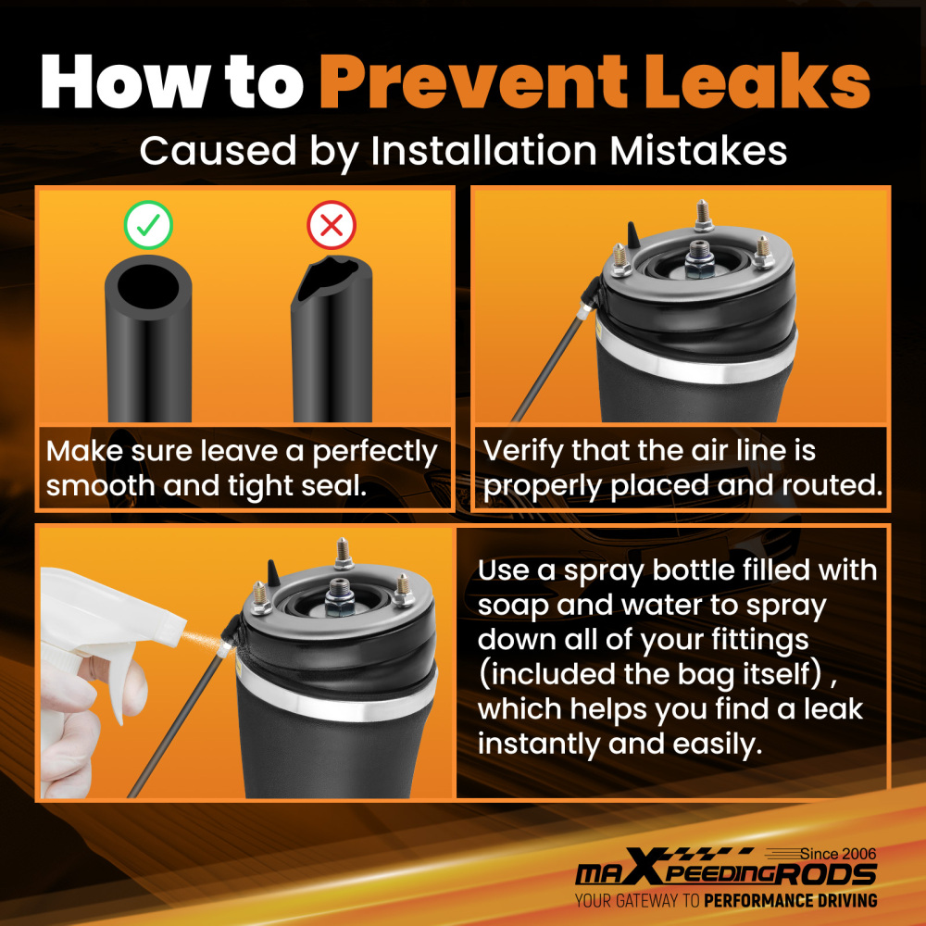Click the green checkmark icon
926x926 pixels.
tap(148, 224)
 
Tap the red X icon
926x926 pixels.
tap(332, 224)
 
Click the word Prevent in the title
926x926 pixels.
tap(473, 81)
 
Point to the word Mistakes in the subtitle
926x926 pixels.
tap(698, 151)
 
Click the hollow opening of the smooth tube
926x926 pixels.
tap(147, 286)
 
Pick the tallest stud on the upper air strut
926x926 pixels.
tap(702, 215)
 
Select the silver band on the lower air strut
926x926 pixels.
tap(337, 698)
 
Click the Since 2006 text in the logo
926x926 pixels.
tap(838, 854)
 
